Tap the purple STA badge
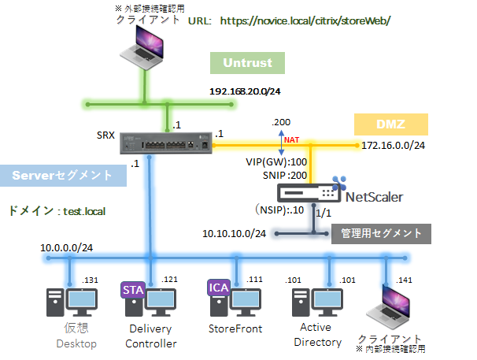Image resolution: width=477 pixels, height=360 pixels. pos(133,291)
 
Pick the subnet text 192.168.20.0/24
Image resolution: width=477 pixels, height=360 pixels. pos(245,91)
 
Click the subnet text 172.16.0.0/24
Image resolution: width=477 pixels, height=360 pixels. pos(394,146)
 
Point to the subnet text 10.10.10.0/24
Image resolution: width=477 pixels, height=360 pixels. pos(234,233)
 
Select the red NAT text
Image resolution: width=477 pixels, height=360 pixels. pos(292,140)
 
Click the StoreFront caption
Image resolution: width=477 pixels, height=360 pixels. pos(235,328)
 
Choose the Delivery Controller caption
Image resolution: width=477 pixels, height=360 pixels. pos(151,336)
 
